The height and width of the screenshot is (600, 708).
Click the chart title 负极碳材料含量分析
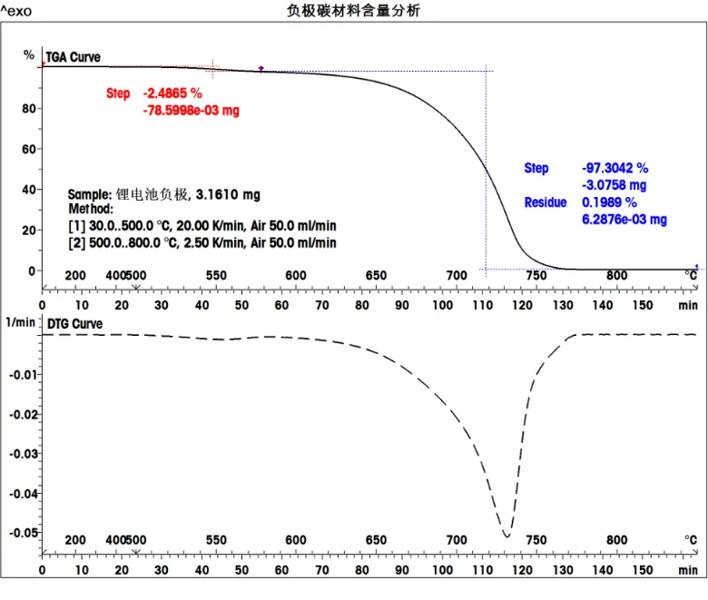point(353,11)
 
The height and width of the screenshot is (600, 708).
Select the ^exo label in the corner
point(16,12)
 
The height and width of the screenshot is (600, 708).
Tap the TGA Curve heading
point(74,57)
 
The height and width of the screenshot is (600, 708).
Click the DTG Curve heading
point(74,324)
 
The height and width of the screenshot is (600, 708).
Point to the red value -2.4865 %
point(172,93)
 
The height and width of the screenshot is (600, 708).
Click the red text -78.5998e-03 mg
point(192,111)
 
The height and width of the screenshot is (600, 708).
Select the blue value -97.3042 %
point(615,168)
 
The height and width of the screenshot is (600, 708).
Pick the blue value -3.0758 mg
point(615,185)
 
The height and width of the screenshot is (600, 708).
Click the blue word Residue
point(545,202)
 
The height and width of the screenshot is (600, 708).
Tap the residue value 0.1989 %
point(609,202)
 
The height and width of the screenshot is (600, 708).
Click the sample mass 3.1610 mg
point(228,194)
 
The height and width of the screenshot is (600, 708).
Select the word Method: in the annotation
point(91,209)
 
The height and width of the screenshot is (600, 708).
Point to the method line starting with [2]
point(202,243)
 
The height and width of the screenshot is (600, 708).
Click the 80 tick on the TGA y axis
point(28,108)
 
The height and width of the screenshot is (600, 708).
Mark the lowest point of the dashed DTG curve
point(506,536)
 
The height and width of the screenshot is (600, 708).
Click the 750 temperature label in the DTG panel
point(536,540)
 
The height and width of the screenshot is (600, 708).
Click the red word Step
point(118,93)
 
